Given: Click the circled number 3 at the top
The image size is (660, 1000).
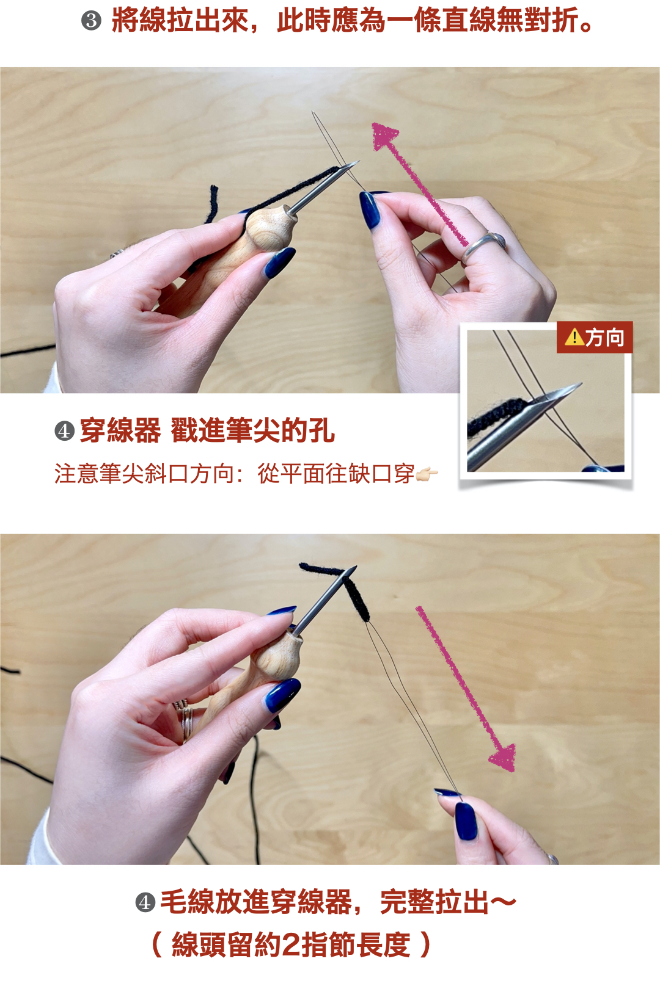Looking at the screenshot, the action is pos(91,21).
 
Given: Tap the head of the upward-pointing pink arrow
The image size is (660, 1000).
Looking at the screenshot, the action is pos(384,136).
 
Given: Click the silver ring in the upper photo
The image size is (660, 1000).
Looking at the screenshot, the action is pos(483,248).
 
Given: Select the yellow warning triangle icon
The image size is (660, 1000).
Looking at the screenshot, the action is pos(574,337).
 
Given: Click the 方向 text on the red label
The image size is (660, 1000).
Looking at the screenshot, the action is pos(604,338).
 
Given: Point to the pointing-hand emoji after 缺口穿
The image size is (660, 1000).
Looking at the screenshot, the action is pos(427,474).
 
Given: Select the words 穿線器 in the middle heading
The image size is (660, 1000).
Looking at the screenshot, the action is pos(120,431).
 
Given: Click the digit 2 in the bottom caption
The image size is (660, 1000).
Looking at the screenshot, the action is pos(291,945).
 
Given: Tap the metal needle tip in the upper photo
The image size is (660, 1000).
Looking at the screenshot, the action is pos(353,164).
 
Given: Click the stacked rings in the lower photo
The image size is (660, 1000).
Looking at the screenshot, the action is pos(184,718).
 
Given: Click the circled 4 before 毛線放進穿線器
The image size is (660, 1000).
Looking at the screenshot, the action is pos(145,903).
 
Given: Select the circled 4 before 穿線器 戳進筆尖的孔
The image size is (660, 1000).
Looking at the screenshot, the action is pos(64,431).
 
